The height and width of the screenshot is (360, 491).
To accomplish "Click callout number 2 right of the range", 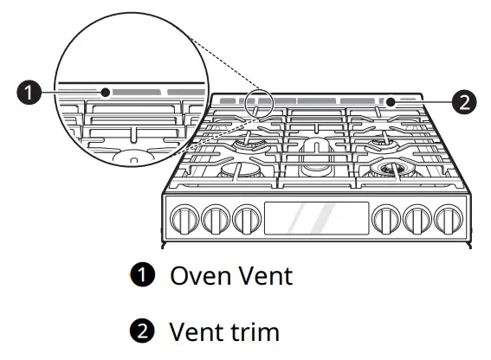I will [x=464, y=102].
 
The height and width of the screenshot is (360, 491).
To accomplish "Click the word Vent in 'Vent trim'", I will [x=196, y=331].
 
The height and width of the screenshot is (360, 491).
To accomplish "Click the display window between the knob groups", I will [x=316, y=218].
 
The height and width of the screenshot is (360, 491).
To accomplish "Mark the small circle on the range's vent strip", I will [x=391, y=101].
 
